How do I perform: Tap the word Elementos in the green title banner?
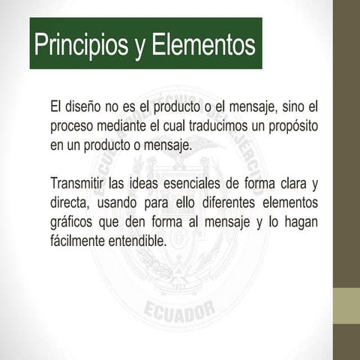tap(204, 45)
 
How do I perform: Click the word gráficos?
tap(72, 223)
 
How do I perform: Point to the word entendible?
tap(140, 241)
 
